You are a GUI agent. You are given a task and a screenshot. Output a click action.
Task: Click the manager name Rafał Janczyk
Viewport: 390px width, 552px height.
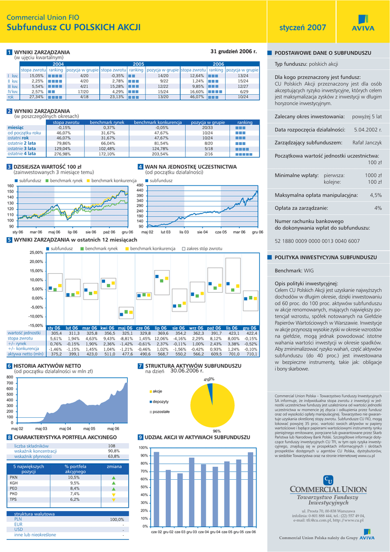[x=367, y=143]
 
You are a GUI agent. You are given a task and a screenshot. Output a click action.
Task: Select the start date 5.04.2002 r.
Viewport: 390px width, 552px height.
[x=368, y=130]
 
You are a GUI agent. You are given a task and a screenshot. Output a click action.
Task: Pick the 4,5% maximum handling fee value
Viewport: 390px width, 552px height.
[x=375, y=195]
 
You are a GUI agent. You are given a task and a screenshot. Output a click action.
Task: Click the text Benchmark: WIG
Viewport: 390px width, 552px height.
[x=294, y=271]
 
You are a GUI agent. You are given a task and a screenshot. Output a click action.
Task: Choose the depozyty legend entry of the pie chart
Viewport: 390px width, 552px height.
[x=161, y=402]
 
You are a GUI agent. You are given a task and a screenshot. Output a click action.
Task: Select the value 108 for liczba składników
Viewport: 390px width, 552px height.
[x=112, y=446]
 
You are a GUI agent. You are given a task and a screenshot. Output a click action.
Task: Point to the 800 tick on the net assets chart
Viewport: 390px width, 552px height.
[x=9, y=377]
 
